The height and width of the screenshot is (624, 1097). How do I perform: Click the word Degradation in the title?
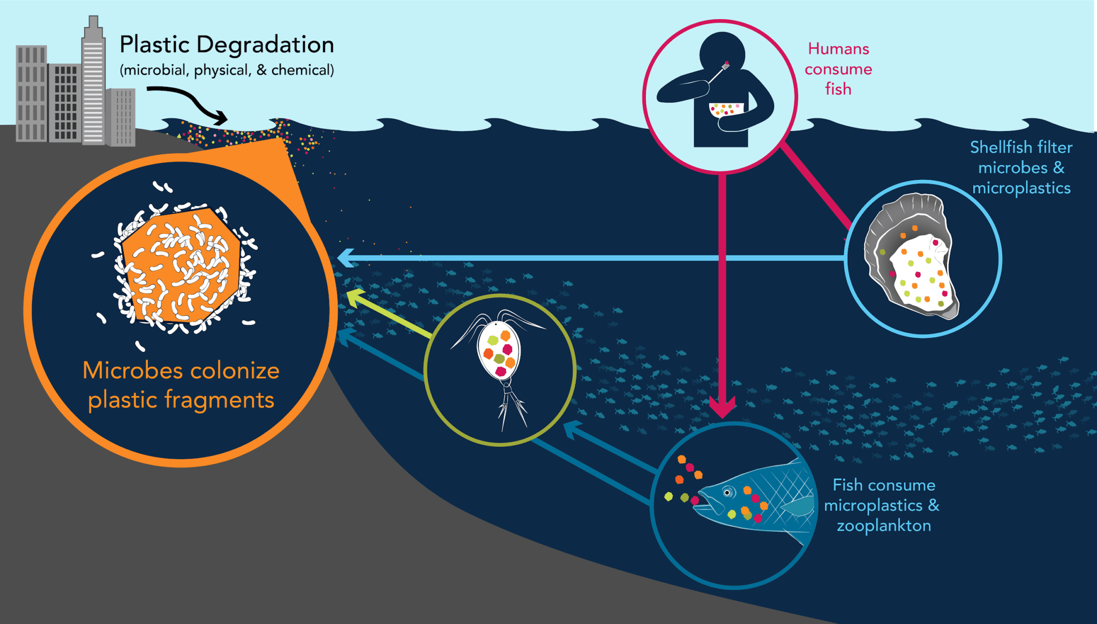pyautogui.click(x=265, y=45)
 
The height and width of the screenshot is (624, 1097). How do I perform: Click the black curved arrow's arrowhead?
pyautogui.click(x=220, y=117)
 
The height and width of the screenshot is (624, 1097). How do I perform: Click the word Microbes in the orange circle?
pyautogui.click(x=131, y=370)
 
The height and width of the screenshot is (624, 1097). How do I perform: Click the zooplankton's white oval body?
pyautogui.click(x=499, y=351)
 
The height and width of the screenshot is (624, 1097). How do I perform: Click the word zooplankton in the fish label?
pyautogui.click(x=884, y=526)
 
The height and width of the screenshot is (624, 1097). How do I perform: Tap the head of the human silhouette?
pyautogui.click(x=722, y=54)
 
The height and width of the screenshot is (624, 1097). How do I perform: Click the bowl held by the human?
pyautogui.click(x=726, y=110)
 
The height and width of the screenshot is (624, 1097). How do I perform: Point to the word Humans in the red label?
pyautogui.click(x=838, y=49)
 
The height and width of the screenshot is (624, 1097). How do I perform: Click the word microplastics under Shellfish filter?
pyautogui.click(x=1021, y=188)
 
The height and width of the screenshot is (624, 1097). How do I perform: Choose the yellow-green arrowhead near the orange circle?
pyautogui.click(x=355, y=296)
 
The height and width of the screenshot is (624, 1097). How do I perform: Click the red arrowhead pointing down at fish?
pyautogui.click(x=722, y=407)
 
